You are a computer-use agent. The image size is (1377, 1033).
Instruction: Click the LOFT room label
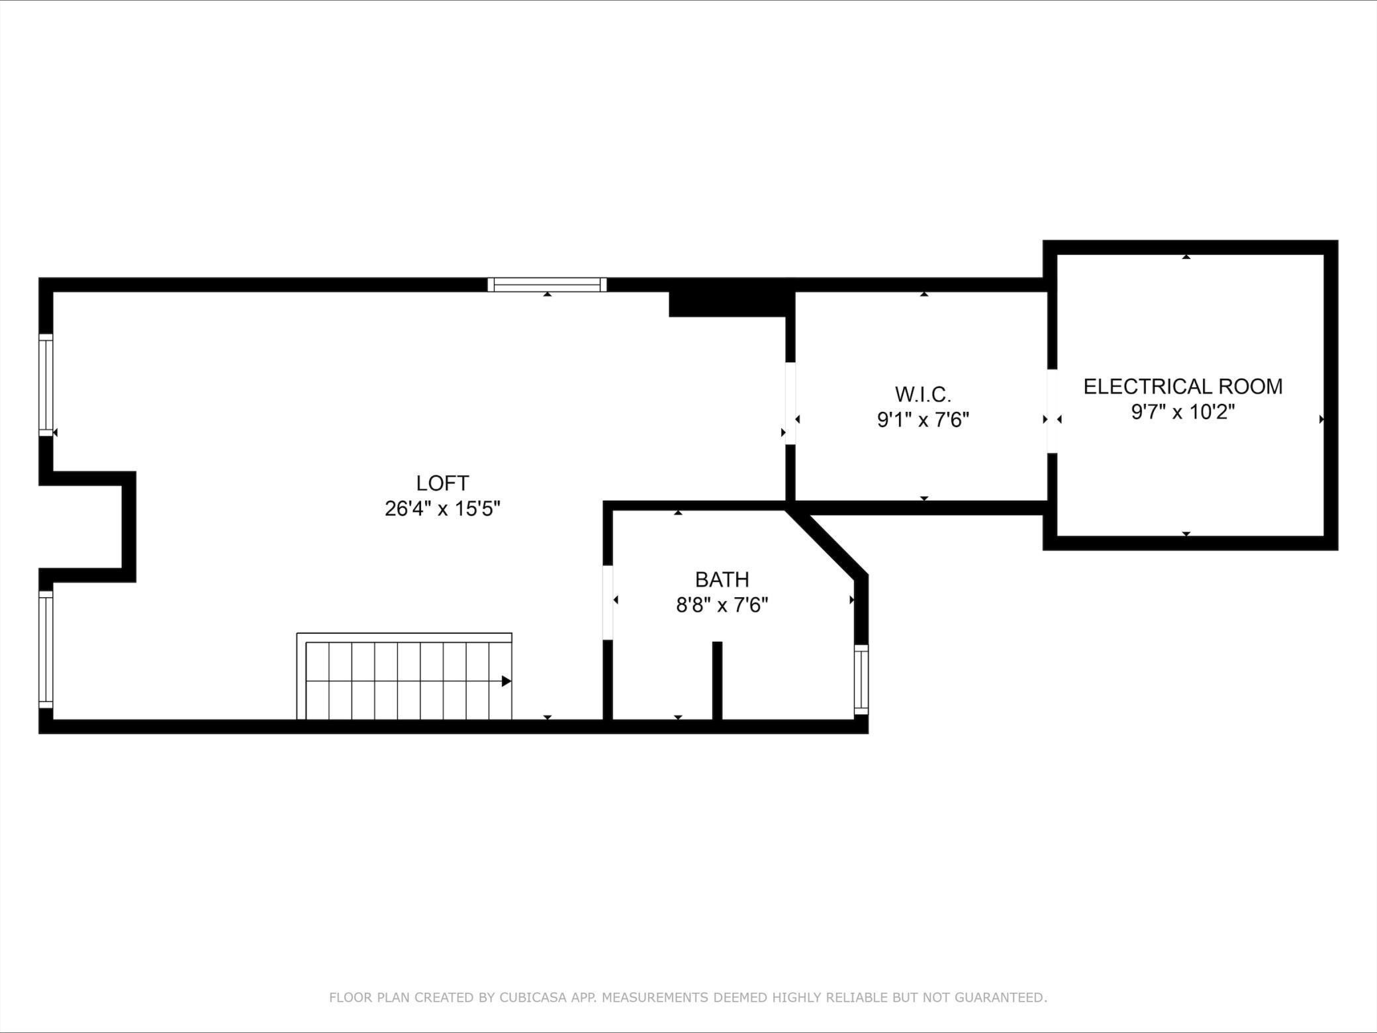pos(442,483)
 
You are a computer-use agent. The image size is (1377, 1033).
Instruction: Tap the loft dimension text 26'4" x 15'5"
pos(442,509)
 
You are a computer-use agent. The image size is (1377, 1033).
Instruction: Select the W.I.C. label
pos(923,394)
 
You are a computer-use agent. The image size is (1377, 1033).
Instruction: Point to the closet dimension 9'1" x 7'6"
pos(923,420)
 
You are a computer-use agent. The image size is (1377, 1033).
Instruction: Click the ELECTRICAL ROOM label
pos(1183,386)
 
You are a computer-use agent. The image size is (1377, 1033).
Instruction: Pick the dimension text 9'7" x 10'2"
pos(1183,412)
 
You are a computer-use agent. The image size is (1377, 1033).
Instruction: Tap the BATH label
pos(722,579)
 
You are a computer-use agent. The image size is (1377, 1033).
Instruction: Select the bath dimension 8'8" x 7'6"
pos(722,605)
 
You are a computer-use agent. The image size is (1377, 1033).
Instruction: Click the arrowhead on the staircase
pos(506,681)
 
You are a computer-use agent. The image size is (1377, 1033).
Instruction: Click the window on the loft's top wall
pos(547,285)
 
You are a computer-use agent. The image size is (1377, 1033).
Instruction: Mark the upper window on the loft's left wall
pos(46,385)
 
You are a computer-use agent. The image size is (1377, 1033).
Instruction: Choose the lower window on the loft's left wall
pos(46,649)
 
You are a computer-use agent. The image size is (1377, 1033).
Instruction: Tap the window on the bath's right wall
pos(861,679)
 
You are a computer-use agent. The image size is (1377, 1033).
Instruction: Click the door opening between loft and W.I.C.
pos(790,403)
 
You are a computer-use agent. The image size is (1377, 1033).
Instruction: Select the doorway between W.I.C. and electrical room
pos(1052,411)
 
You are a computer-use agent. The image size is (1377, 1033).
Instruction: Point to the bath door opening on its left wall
pos(607,602)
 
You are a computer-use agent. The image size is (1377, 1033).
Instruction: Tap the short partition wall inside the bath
pos(717,680)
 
